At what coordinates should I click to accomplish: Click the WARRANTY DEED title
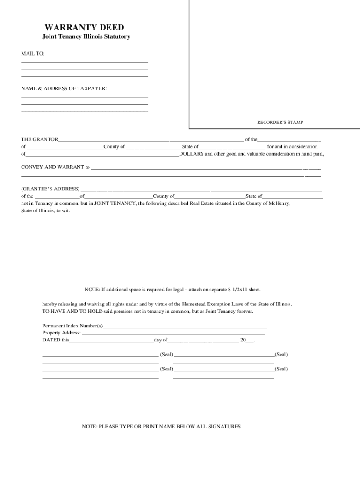tap(84, 28)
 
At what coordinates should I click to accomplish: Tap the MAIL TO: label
tap(33, 54)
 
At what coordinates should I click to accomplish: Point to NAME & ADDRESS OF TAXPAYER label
tap(64, 88)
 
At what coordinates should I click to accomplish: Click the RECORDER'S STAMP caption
tap(280, 122)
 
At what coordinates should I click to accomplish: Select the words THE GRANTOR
tap(40, 139)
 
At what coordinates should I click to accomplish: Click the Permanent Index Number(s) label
tap(72, 326)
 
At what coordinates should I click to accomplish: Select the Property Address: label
tap(62, 333)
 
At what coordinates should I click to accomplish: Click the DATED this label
tap(55, 340)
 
